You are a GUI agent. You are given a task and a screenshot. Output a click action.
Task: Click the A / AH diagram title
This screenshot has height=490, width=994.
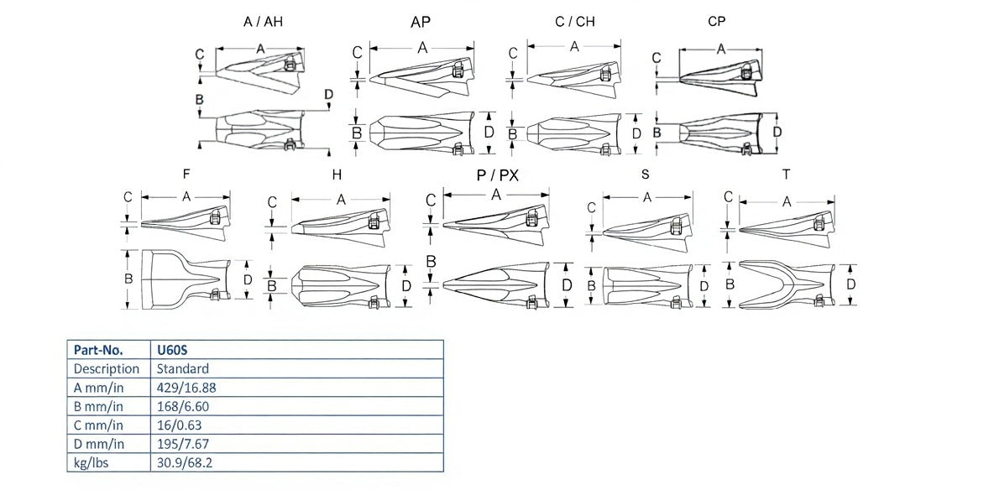pos(263,22)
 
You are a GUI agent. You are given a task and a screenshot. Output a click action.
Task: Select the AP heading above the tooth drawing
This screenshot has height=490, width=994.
pos(422,22)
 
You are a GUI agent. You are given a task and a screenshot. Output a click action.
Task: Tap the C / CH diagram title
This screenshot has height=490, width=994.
pos(575,22)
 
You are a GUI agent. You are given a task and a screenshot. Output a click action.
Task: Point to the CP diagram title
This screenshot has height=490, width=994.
pos(717,22)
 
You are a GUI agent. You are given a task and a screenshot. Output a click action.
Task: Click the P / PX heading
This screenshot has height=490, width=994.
pos(498,175)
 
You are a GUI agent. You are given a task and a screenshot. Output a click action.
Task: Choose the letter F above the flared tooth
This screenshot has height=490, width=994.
pos(185,175)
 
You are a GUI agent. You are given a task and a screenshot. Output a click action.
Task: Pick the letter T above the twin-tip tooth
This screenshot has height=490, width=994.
pos(786,175)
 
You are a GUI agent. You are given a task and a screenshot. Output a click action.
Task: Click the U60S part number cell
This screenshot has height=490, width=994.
pos(170,350)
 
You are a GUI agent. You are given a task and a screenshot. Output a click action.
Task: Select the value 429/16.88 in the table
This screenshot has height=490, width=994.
pos(186,387)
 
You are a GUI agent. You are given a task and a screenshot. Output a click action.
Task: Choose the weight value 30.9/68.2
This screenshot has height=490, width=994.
pos(185,462)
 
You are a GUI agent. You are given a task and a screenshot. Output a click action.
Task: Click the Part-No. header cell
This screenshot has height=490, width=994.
pos(98,350)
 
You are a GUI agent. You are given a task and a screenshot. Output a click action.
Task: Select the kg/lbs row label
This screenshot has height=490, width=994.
pos(92,462)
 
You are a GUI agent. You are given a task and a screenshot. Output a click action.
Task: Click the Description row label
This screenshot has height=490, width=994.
pos(107,368)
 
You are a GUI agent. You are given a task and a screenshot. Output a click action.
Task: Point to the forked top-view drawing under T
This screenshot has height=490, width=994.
pos(786,284)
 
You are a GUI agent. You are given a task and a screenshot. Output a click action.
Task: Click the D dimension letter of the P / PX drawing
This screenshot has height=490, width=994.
pos(567,284)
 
